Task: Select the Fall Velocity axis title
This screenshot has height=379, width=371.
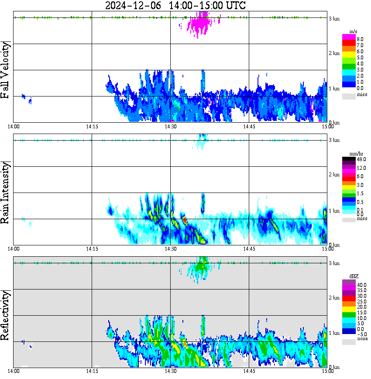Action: [x=6, y=70]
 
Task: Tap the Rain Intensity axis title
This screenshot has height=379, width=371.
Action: [x=6, y=193]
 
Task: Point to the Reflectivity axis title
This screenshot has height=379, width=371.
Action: [x=6, y=315]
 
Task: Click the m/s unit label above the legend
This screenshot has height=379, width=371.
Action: [x=354, y=31]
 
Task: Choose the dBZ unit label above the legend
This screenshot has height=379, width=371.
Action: [x=354, y=276]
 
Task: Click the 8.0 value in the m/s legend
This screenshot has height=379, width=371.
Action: [x=360, y=39]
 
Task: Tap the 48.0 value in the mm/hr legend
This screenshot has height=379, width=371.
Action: [x=361, y=159]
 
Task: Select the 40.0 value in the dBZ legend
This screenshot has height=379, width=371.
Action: [x=361, y=285]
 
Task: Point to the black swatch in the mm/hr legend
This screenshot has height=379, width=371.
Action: [x=349, y=159]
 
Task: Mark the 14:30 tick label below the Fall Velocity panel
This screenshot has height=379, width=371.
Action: [x=170, y=127]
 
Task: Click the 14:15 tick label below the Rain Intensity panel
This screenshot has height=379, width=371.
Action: [x=92, y=249]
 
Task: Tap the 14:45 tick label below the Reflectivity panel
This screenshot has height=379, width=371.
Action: [x=249, y=372]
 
